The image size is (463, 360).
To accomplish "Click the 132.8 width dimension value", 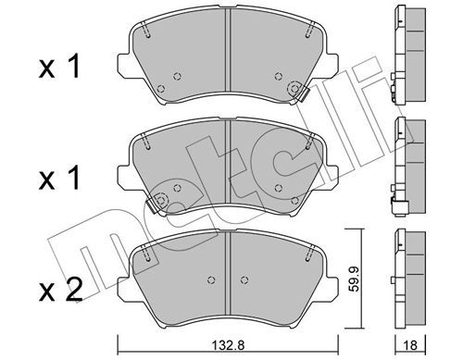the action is click(x=229, y=345).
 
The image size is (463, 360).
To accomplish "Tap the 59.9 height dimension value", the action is click(x=355, y=279).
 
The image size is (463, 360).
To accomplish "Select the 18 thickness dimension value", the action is click(x=410, y=345).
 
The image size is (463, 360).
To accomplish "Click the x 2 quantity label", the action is click(x=60, y=290).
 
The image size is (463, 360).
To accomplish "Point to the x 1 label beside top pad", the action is click(x=59, y=66).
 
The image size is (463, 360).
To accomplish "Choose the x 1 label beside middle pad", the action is click(x=59, y=178).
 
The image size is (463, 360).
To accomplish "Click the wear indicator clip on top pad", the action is click(x=303, y=93).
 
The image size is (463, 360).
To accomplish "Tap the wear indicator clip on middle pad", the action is click(x=152, y=205).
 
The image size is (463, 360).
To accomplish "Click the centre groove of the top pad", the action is click(x=228, y=50).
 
